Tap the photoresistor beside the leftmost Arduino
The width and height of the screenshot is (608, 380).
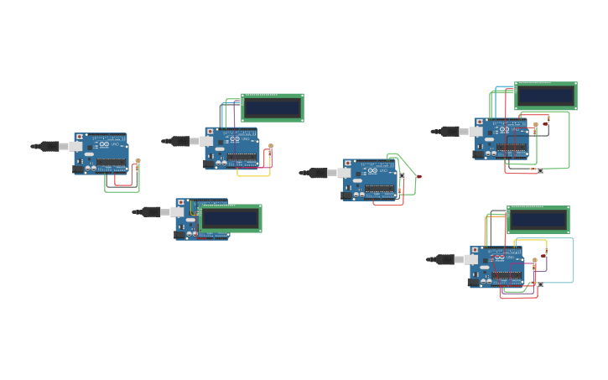138,161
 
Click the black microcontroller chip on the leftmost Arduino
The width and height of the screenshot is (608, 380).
111,162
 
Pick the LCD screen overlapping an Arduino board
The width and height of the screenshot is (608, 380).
231,218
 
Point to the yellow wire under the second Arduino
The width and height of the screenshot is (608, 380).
253,175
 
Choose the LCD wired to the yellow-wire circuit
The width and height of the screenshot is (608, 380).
272,107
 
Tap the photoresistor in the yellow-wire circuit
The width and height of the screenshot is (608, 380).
270,147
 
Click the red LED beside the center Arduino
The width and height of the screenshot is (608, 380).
419,177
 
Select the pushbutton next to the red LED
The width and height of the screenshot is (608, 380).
403,175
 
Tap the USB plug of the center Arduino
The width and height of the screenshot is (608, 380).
320,173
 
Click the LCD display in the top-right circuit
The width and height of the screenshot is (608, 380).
545,96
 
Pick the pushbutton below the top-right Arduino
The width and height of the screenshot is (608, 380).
540,170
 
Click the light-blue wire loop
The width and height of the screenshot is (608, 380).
574,260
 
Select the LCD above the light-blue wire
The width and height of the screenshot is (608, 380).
538,220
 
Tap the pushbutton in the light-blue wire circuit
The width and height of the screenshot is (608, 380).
540,285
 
